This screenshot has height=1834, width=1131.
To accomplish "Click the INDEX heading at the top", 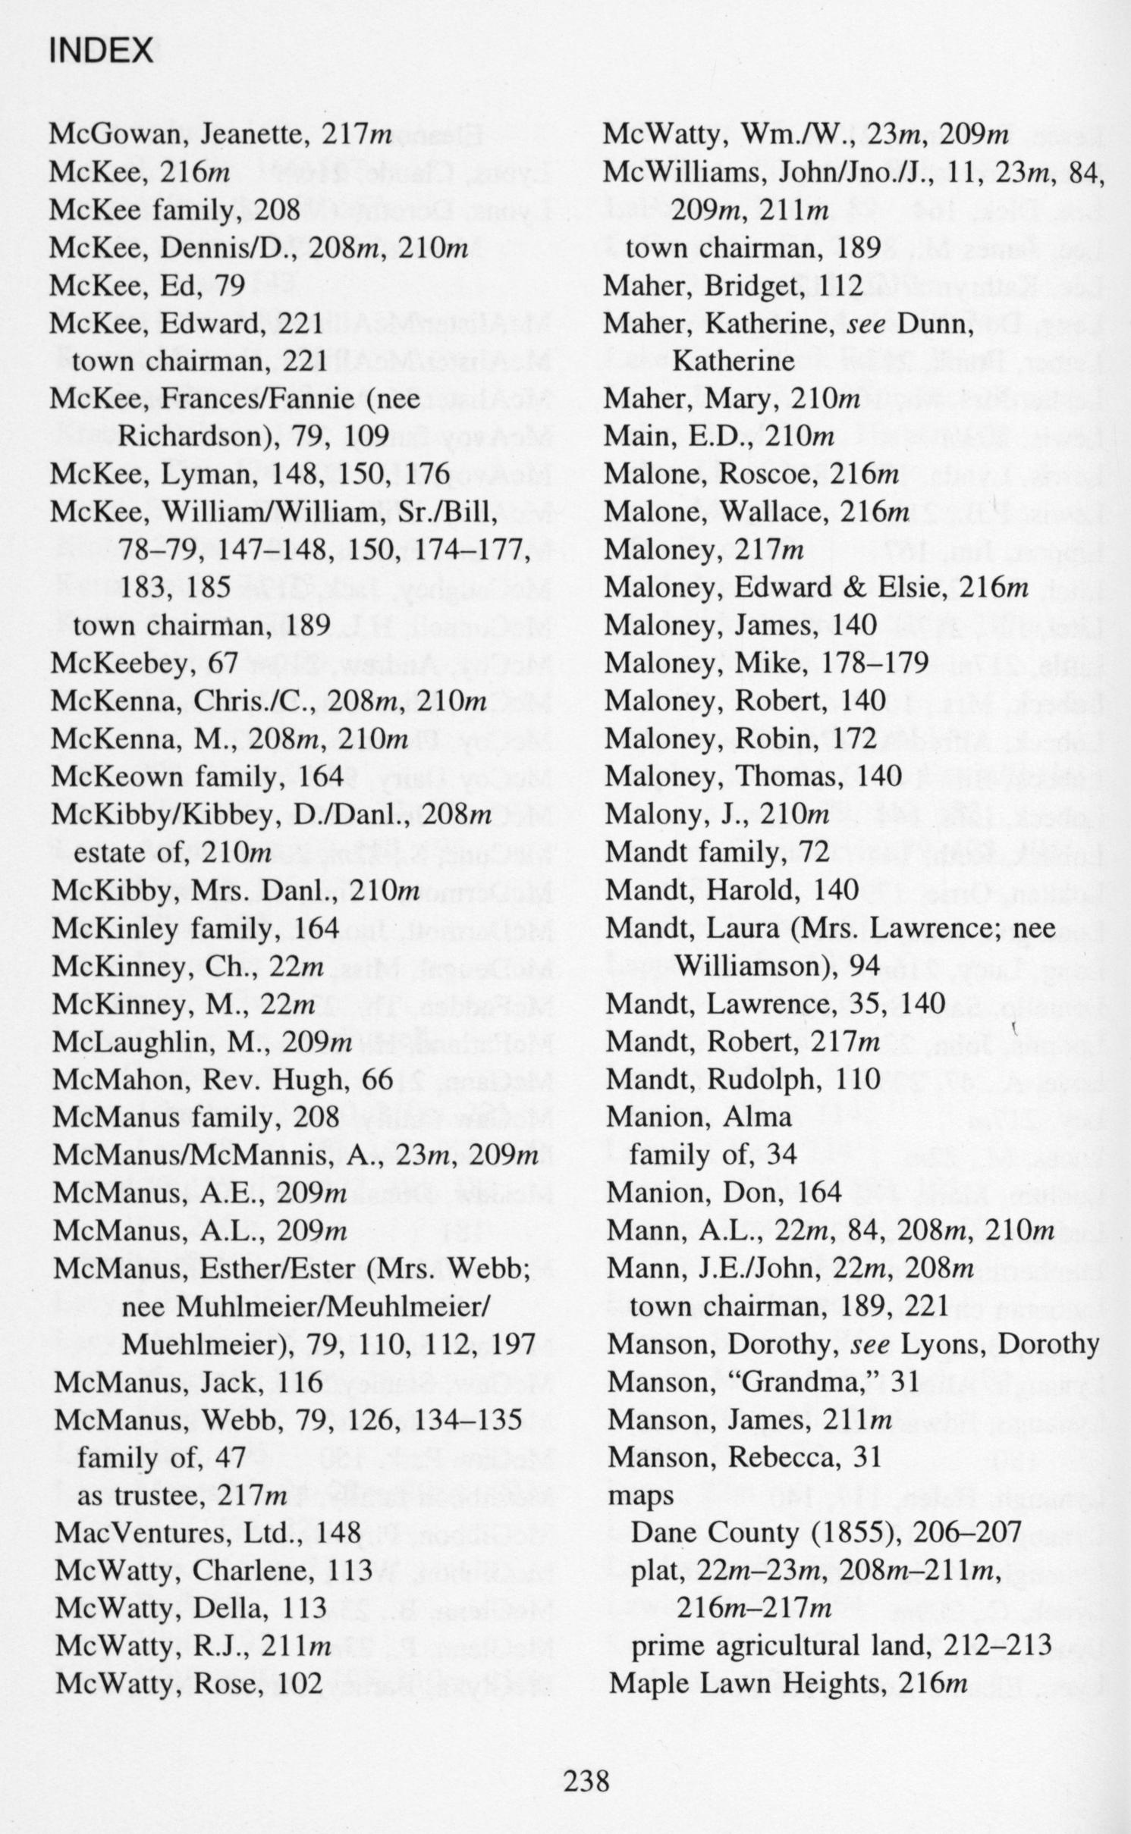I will tap(100, 51).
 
